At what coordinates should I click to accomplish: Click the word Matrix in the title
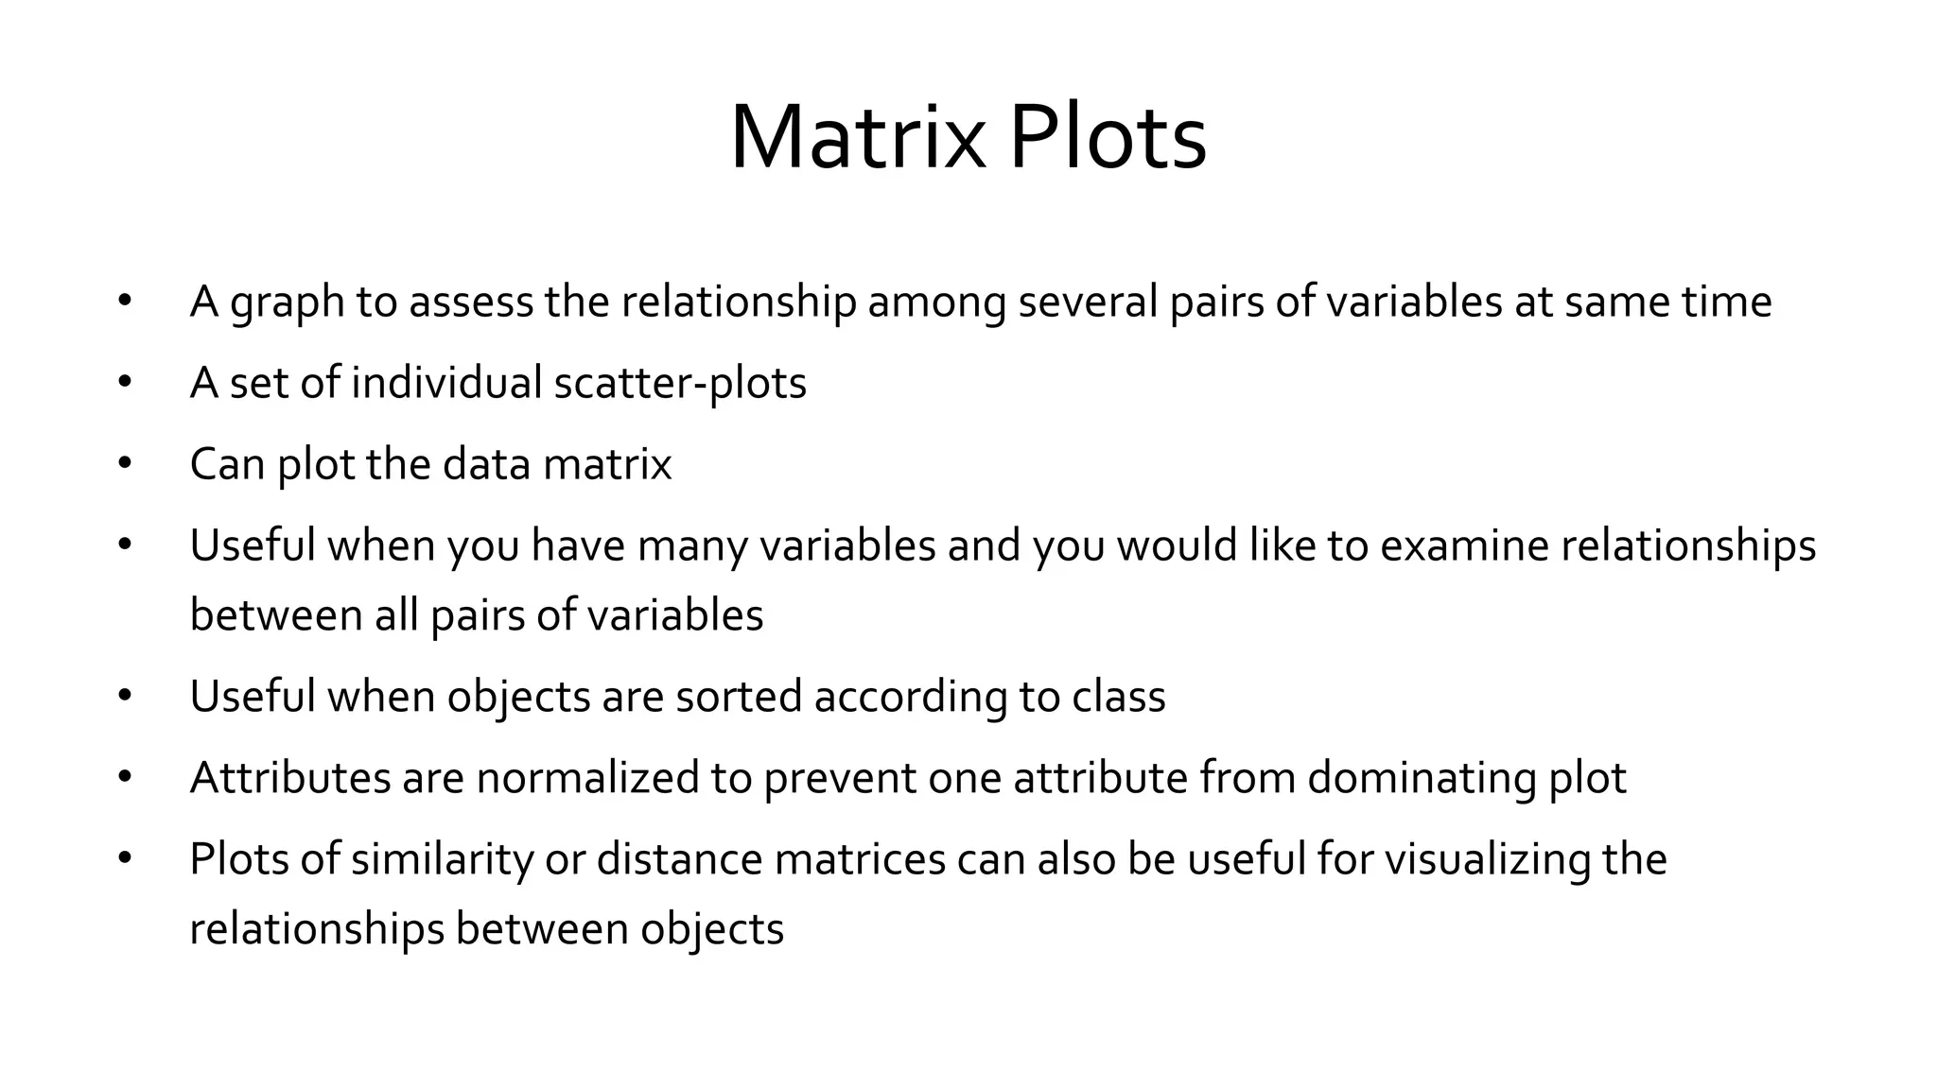point(856,138)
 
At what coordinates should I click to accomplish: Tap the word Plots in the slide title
point(1108,138)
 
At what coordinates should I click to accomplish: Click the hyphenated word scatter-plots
point(680,383)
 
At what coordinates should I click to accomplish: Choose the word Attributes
point(290,778)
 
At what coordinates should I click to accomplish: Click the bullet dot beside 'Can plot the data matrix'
point(125,464)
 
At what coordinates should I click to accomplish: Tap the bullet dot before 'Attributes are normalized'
point(125,778)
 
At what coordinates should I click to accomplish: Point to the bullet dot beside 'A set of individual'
point(125,383)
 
